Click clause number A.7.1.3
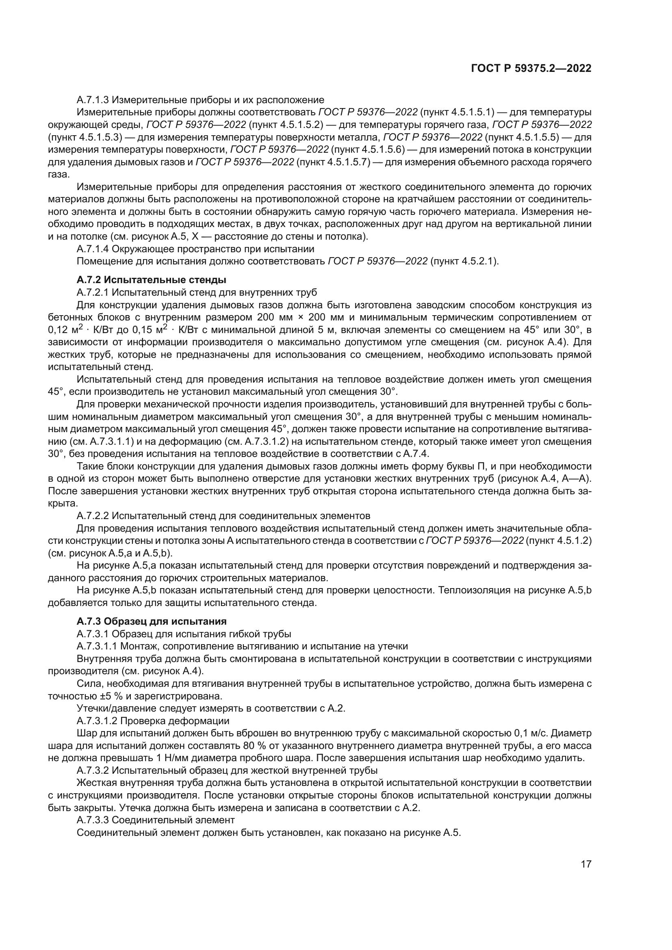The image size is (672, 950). click(93, 100)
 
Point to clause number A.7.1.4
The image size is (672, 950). click(93, 249)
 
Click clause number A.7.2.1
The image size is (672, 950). click(93, 292)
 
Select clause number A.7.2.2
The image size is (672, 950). click(93, 516)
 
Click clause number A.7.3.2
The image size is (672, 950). click(93, 770)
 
